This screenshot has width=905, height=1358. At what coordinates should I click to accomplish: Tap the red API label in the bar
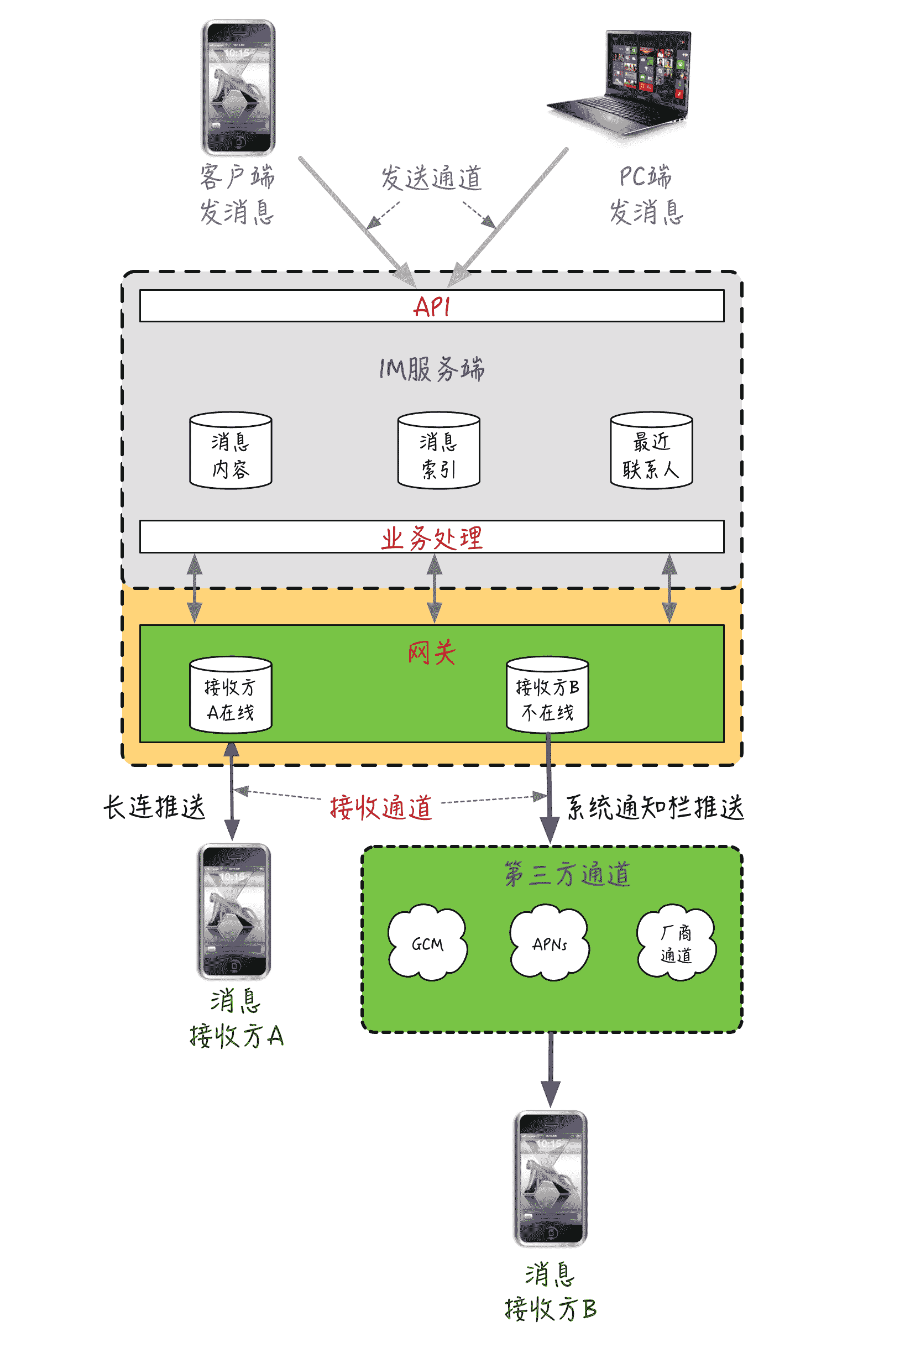click(431, 306)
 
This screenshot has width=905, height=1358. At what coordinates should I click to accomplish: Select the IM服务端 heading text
click(431, 368)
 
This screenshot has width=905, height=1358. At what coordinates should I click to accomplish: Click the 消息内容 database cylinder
click(231, 451)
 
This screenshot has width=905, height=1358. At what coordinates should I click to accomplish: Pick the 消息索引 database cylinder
click(438, 451)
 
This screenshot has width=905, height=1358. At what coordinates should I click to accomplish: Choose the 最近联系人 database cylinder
click(651, 451)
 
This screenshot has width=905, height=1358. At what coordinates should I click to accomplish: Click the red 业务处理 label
click(431, 537)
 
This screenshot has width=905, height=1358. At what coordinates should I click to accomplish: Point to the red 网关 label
click(431, 653)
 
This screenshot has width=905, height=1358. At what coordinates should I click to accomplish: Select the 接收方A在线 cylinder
click(231, 695)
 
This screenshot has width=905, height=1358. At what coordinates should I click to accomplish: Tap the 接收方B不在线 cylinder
click(547, 695)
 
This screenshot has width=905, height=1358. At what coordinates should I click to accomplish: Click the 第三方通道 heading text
click(567, 874)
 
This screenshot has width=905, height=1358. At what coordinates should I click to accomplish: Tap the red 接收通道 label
click(380, 807)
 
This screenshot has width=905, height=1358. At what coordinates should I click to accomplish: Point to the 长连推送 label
click(154, 806)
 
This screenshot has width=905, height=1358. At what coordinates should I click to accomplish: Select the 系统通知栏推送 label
click(655, 807)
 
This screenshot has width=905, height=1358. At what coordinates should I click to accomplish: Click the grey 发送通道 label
click(431, 177)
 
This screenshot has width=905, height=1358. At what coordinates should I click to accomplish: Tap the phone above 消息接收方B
click(550, 1178)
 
